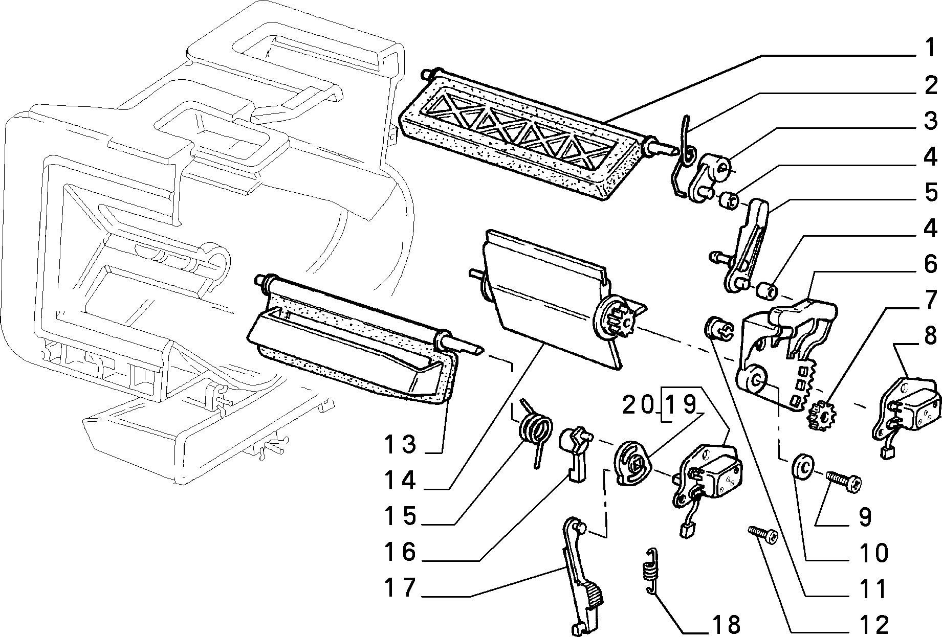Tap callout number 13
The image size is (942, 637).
[402, 444]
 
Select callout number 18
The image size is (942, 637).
[725, 624]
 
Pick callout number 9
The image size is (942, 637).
[865, 517]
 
